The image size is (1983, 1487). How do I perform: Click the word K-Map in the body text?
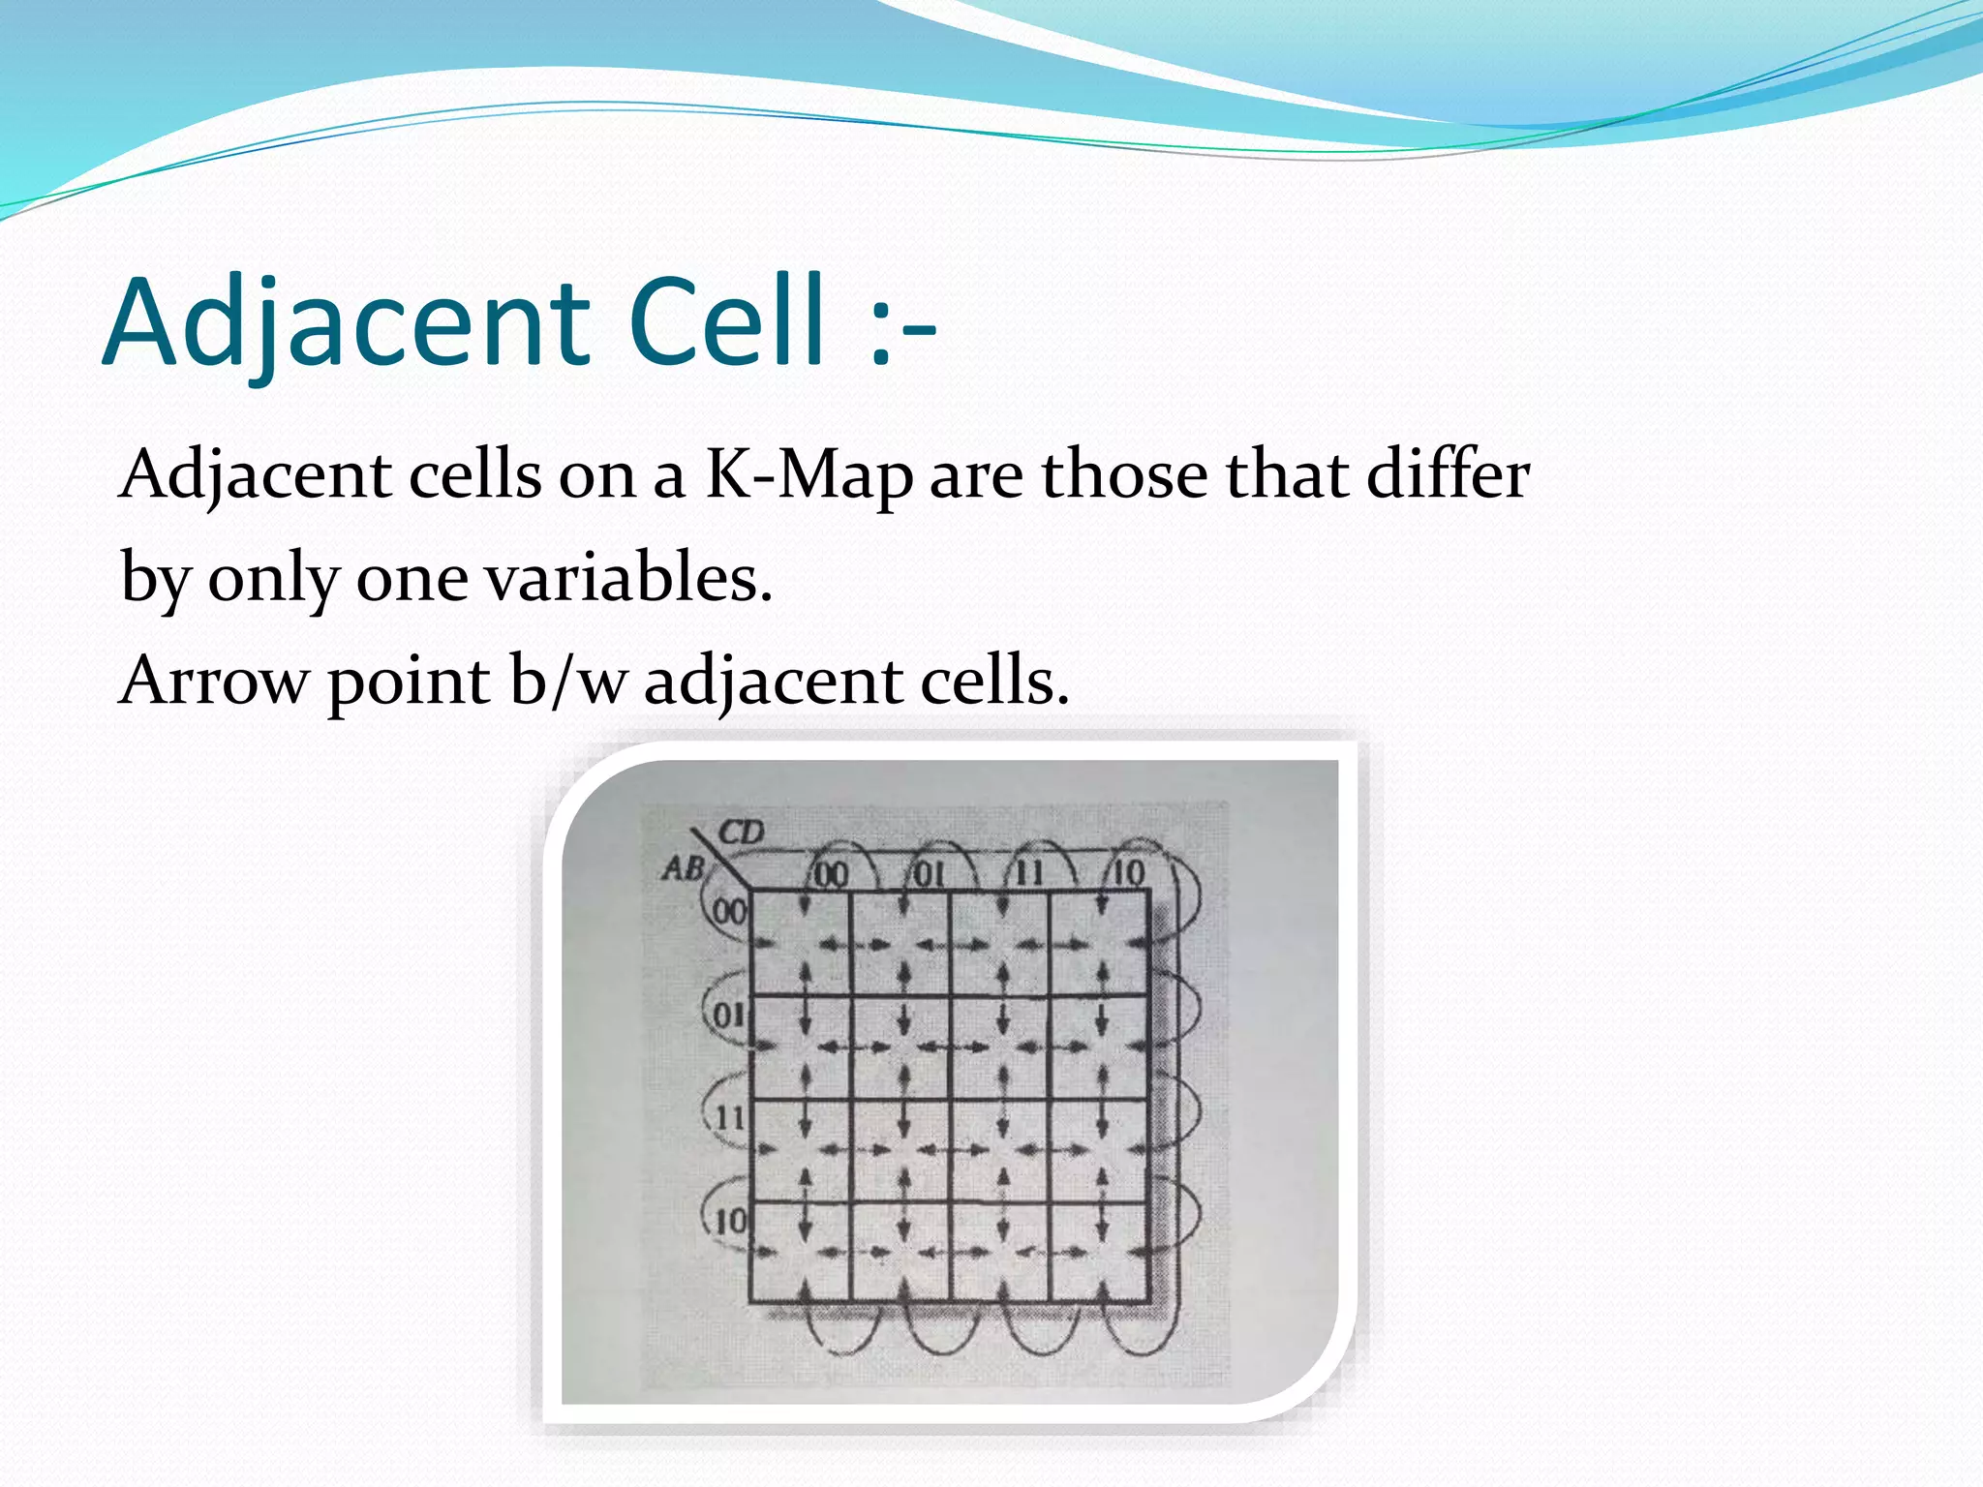[x=808, y=475]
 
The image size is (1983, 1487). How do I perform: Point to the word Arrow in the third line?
[x=211, y=681]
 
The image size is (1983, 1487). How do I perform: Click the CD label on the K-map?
[x=741, y=832]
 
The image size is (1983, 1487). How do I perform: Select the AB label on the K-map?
[x=683, y=868]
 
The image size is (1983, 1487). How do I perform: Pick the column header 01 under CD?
[x=930, y=874]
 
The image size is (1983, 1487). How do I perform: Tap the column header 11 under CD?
[x=1028, y=874]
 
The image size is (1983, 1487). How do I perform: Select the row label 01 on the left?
[x=729, y=1016]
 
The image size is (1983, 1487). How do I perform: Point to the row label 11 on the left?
[x=729, y=1118]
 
